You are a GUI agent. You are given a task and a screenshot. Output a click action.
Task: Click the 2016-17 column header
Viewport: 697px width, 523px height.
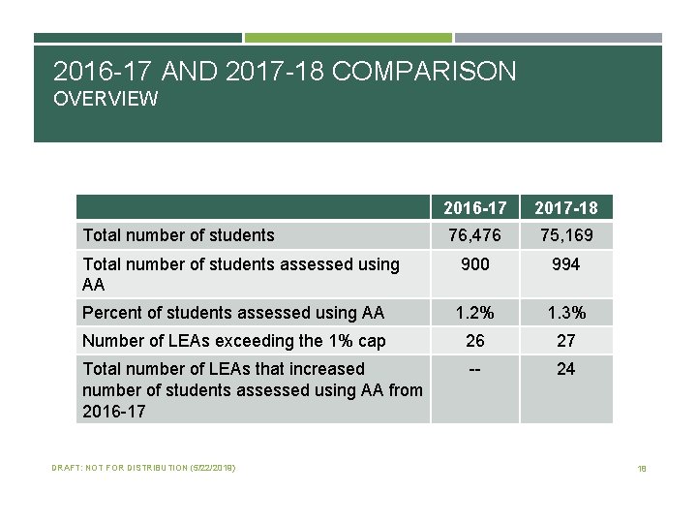coord(475,207)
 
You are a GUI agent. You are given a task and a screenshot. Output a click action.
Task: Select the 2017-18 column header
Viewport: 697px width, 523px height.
coord(566,207)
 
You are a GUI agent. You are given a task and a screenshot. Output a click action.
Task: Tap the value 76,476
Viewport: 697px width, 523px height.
coord(475,235)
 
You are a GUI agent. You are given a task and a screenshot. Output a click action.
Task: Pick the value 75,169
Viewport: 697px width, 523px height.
coord(566,235)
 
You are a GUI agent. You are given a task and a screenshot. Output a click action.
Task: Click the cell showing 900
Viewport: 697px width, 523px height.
coord(475,264)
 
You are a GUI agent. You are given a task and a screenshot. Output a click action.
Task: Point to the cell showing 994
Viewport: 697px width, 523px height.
coord(566,264)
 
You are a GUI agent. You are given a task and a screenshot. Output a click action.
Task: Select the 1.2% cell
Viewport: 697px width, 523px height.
coord(475,312)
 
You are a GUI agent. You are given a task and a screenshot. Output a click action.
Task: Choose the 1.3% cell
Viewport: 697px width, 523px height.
coord(566,312)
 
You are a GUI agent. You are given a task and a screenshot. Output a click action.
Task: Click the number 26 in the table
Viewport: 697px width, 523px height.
coord(475,340)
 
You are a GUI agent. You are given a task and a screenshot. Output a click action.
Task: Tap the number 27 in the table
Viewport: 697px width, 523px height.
coord(566,340)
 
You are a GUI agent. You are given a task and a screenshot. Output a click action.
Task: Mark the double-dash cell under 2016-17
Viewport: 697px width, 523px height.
coord(475,369)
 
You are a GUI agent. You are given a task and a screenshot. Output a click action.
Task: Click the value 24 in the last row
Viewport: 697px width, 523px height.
coord(566,369)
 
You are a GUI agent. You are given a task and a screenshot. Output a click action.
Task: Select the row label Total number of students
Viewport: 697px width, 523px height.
coord(179,235)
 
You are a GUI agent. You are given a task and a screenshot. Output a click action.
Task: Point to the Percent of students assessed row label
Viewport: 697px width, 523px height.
coord(233,312)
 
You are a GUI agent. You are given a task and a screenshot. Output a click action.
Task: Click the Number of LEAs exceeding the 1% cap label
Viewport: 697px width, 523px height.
coord(234,340)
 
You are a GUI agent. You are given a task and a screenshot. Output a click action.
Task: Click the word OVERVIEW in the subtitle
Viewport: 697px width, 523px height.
coord(106,99)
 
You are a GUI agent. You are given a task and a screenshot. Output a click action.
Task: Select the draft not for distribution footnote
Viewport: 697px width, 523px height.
coord(143,469)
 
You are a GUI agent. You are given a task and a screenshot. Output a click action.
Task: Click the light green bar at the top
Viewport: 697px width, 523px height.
coord(348,38)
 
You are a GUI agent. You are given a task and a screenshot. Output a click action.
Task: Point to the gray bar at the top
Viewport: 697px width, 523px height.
coord(558,38)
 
